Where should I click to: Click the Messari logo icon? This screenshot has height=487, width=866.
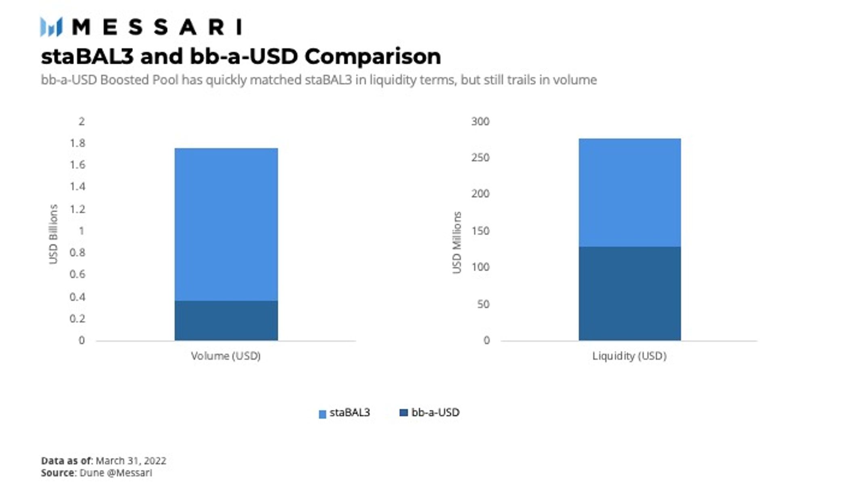coord(51,27)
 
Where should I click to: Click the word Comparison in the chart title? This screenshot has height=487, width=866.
coord(372,56)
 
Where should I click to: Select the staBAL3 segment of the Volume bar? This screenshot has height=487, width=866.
coord(226,224)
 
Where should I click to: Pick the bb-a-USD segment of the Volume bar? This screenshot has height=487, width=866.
coord(226,320)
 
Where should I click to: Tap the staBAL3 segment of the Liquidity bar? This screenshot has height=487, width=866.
coord(629,193)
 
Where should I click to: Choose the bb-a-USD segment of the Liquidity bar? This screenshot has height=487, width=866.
coord(629,293)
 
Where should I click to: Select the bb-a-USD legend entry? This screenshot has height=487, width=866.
coord(429,413)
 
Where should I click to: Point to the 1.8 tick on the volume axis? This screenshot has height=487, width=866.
coord(77,143)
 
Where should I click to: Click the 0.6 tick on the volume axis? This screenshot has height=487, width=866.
coord(77,274)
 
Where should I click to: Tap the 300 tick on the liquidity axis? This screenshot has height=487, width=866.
coord(480,121)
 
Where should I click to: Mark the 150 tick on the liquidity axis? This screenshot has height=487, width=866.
coord(480,231)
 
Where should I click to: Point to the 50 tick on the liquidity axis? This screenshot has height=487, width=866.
coord(483,304)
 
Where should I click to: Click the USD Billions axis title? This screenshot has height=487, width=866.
coord(53,234)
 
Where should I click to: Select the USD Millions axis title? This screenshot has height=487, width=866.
coord(457,242)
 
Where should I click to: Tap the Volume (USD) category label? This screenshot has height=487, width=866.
coord(226,356)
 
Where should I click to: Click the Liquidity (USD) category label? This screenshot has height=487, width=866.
coord(629,356)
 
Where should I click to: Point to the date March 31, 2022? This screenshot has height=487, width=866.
coord(131,461)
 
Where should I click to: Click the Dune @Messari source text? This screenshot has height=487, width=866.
coord(116,473)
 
